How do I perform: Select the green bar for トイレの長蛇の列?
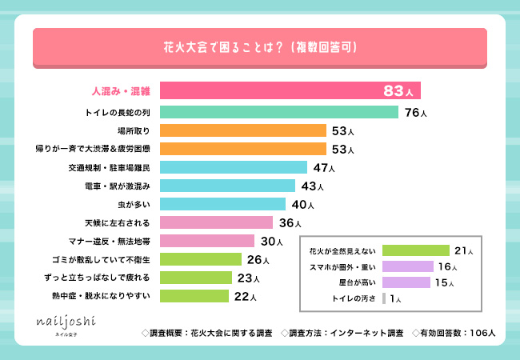click(279, 111)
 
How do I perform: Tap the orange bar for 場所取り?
click(243, 130)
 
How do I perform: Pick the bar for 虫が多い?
click(222, 203)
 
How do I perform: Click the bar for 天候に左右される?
click(216, 222)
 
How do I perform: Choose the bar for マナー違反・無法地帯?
click(207, 241)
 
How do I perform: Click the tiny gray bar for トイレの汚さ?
click(385, 298)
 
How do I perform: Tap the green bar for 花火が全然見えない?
click(416, 250)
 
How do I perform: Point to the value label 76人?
click(416, 112)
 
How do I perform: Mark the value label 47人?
click(324, 168)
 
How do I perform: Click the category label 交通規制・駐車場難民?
click(116, 167)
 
